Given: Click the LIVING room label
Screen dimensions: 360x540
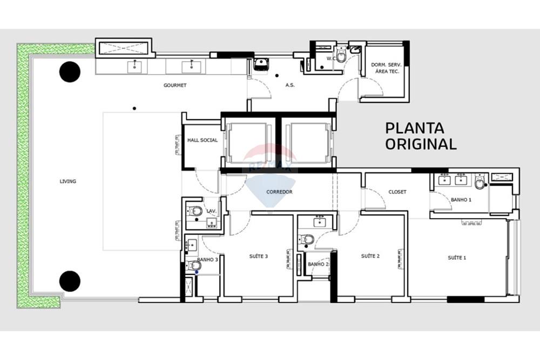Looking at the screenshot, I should tap(68, 181).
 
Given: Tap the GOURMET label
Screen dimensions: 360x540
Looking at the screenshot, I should tap(175, 85).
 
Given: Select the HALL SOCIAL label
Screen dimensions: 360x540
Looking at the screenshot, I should tap(202, 140).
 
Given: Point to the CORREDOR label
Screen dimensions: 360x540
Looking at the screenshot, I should tap(279, 192).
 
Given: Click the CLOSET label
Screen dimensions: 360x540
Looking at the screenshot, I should tap(397, 192).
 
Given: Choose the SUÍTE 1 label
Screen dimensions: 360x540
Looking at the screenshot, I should tap(457, 257).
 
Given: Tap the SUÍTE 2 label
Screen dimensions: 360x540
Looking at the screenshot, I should tap(370, 256).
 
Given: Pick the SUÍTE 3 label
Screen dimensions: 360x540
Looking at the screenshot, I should tap(259, 256).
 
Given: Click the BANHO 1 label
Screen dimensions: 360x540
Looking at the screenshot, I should tap(461, 200).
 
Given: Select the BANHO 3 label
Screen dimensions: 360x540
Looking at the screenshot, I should tap(207, 260).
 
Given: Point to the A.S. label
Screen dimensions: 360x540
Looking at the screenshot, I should tap(289, 85).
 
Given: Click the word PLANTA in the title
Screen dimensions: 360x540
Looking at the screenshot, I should tap(415, 128).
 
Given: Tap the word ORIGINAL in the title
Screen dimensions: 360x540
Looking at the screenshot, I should tap(421, 144).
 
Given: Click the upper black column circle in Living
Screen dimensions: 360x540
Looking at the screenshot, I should tap(70, 72).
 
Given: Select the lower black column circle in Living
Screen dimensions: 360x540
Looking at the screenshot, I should tap(70, 281).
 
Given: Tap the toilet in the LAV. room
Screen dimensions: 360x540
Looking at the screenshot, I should tap(197, 210).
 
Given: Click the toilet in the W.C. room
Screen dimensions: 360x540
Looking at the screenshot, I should tap(341, 57).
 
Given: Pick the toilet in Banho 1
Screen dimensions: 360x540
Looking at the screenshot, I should tap(480, 183).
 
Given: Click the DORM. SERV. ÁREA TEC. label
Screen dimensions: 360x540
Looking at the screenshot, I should tap(385, 68).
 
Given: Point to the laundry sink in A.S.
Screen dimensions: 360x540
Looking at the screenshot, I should tap(262, 64).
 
